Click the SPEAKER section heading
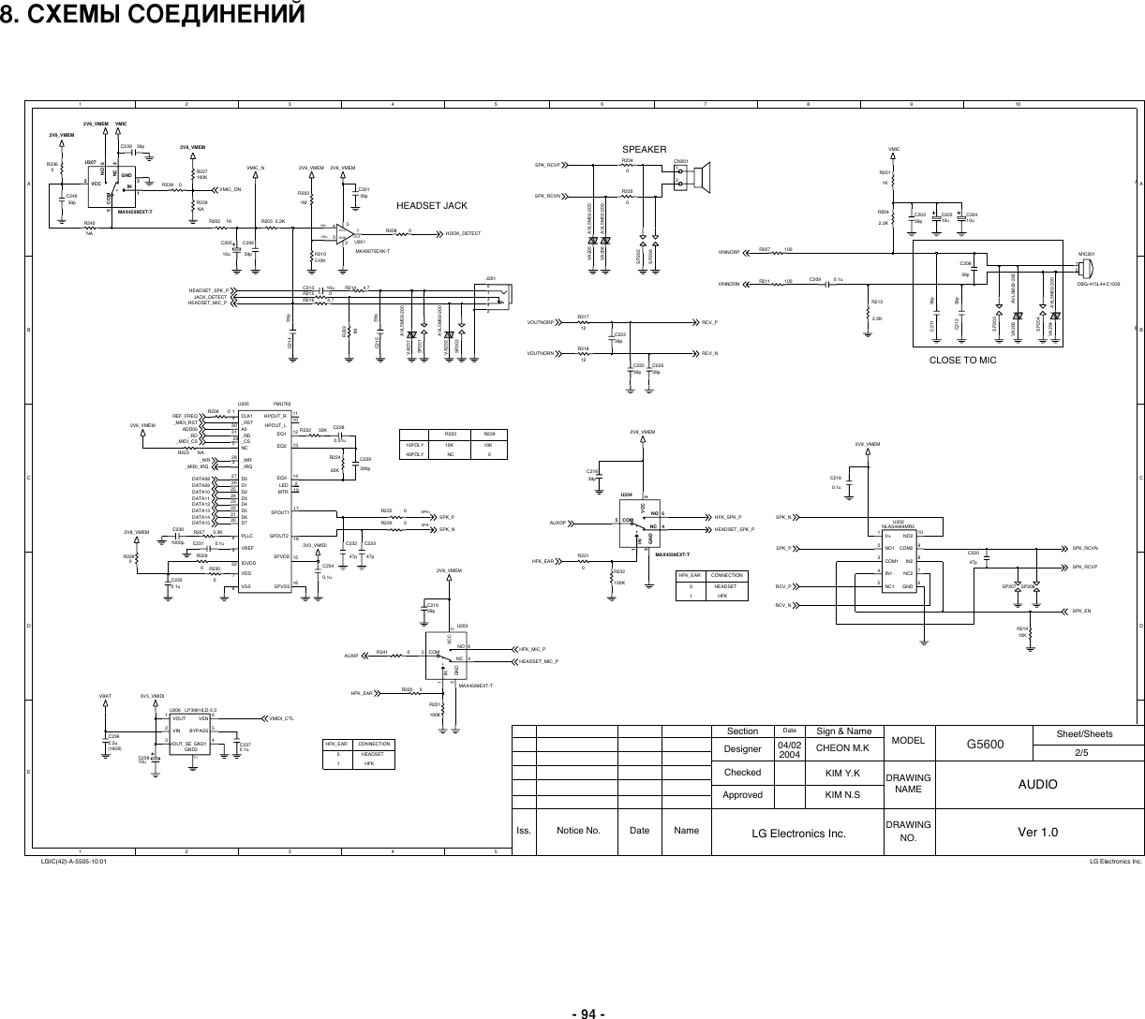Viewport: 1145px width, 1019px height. [645, 150]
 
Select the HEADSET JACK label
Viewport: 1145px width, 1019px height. [432, 205]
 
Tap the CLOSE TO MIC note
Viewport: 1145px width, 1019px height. [962, 360]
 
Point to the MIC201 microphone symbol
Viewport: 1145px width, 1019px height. [1084, 268]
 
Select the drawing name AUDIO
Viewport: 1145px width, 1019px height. [1038, 784]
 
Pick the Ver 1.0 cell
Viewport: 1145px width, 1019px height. [1038, 831]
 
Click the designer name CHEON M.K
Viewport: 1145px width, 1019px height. [843, 748]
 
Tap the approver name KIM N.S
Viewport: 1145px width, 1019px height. [843, 795]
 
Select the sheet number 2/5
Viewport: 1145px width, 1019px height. [1086, 751]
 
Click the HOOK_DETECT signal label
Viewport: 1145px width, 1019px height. [463, 233]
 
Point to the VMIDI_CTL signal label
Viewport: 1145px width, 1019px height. [282, 718]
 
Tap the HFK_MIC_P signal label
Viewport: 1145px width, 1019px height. [532, 649]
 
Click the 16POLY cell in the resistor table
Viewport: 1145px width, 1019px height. [413, 445]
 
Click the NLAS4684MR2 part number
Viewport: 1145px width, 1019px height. [898, 527]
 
